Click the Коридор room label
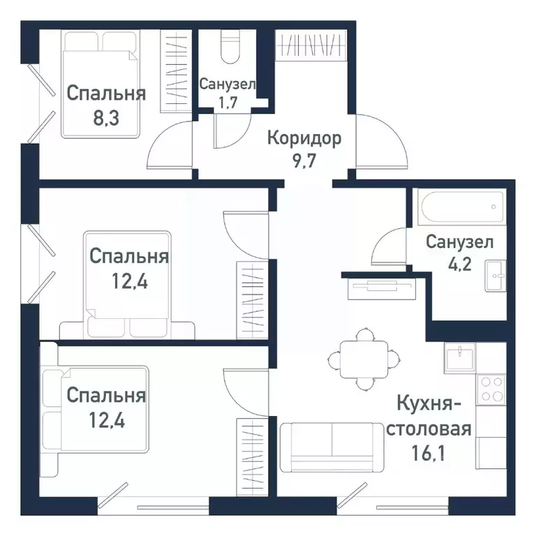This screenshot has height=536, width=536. click(304, 138)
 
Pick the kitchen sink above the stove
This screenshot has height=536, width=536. click(460, 356)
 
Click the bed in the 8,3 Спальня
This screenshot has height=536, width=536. click(97, 84)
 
